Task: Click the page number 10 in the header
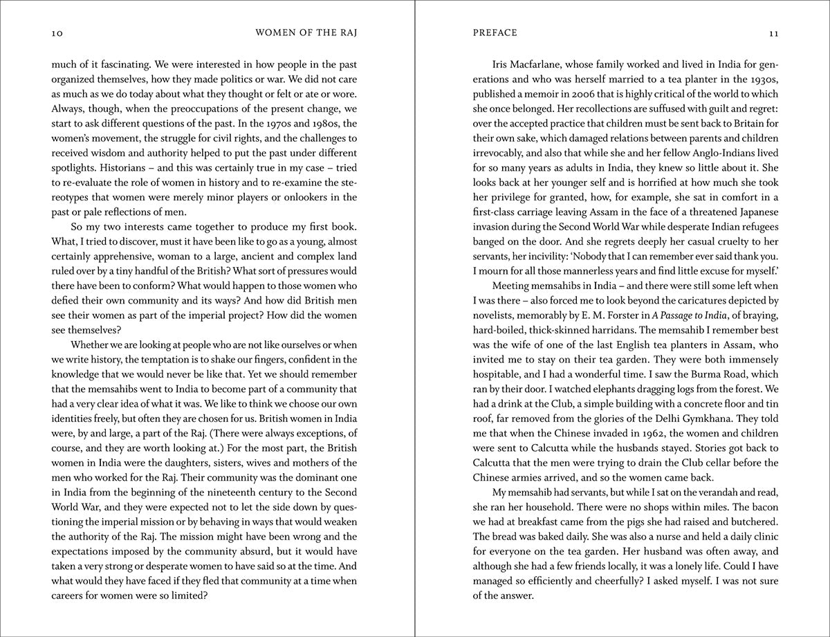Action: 57,33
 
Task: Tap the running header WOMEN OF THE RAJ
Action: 306,33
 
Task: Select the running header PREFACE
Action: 495,33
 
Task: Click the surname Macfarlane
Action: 543,64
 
